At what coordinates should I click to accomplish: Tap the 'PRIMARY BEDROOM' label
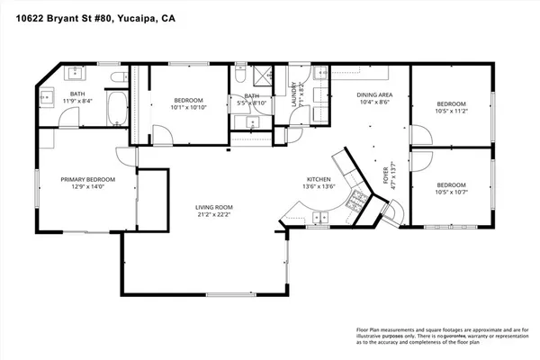click(x=83, y=178)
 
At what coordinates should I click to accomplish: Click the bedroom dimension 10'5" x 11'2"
click(x=452, y=111)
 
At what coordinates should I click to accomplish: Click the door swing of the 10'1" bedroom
click(x=160, y=136)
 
